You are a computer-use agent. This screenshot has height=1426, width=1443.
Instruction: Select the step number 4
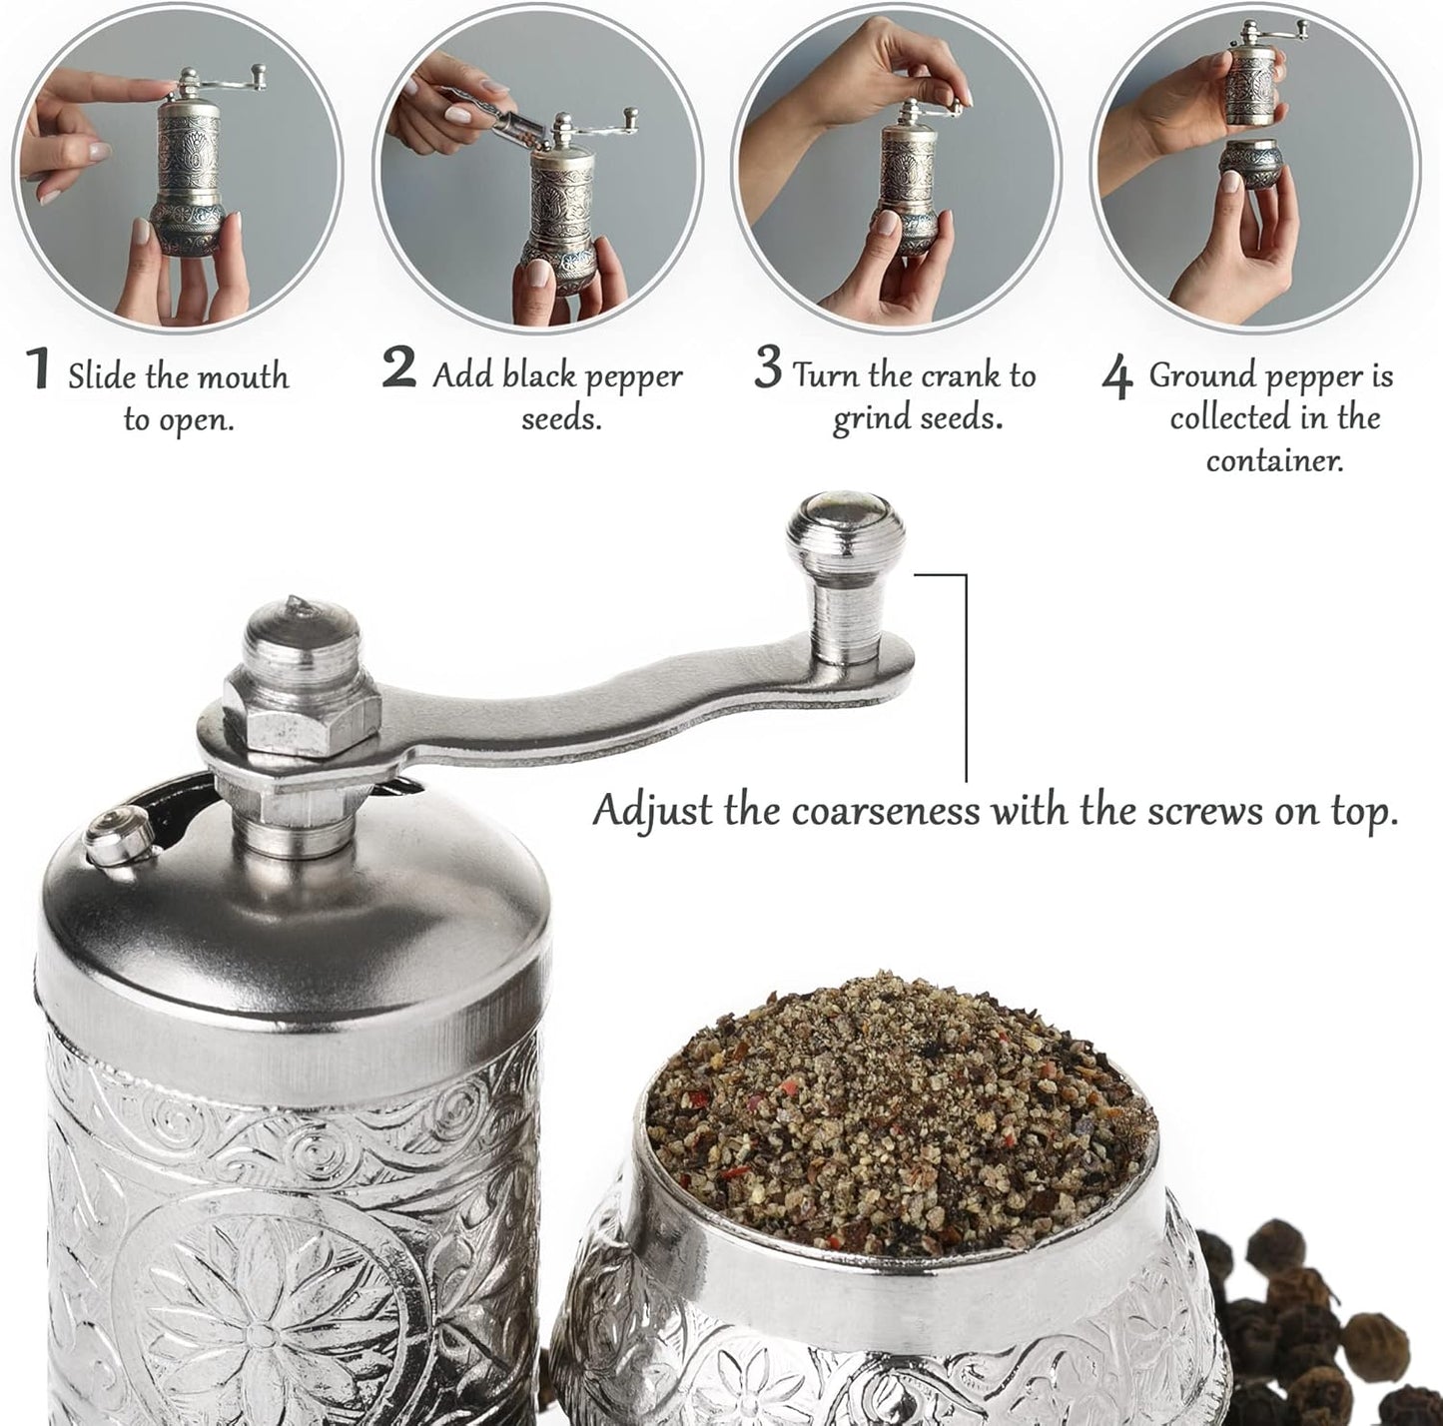(1117, 378)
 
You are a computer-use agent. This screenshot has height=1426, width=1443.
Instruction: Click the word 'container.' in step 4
(1274, 460)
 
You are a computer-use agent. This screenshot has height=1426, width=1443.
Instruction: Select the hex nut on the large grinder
(301, 708)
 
